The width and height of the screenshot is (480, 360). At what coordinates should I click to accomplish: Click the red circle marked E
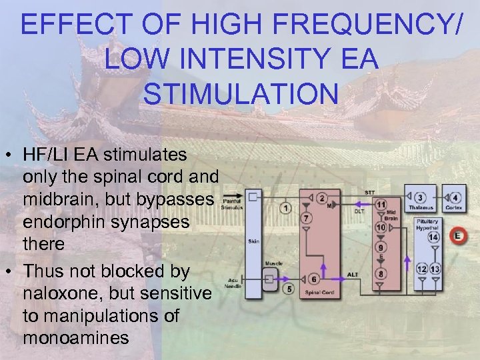tap(458, 235)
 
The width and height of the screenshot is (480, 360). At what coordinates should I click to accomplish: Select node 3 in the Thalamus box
tap(421, 198)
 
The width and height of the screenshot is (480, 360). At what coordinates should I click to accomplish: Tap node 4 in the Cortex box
tap(455, 198)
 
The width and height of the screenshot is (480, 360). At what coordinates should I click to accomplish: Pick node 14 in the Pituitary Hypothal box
tap(434, 237)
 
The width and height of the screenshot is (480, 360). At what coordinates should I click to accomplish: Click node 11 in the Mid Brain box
tap(381, 203)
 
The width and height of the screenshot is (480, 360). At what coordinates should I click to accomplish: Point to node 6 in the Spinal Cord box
tap(313, 279)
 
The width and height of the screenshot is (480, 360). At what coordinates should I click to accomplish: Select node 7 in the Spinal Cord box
tap(305, 218)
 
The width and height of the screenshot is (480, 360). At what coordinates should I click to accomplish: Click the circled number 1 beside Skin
tap(286, 209)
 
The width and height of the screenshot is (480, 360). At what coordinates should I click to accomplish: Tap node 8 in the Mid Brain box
tap(381, 273)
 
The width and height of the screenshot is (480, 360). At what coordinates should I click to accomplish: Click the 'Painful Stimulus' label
tap(232, 204)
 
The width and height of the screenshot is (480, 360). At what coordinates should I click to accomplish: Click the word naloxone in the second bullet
tap(60, 294)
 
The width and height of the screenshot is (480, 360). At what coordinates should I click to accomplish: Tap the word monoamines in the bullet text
tap(75, 337)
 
